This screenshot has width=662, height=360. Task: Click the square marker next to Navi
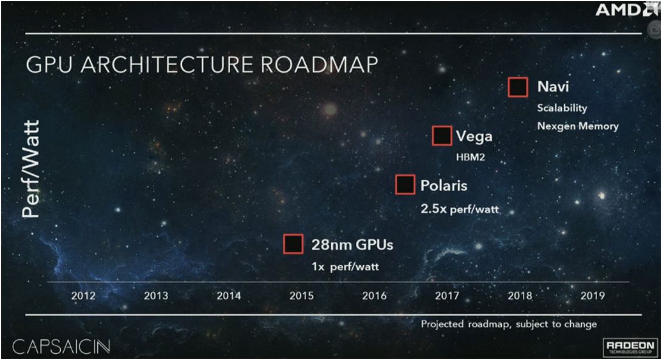click(x=518, y=87)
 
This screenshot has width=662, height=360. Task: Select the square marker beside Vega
click(x=442, y=136)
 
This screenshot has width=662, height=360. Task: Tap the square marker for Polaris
click(x=405, y=185)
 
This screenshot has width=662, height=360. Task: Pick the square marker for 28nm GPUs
click(x=293, y=244)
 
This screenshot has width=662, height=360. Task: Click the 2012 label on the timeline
click(x=83, y=296)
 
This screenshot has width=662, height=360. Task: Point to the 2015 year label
click(x=301, y=296)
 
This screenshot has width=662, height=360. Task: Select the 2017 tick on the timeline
click(x=447, y=296)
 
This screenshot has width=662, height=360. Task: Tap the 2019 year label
click(x=592, y=296)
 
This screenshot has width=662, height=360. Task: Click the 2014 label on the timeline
click(x=229, y=296)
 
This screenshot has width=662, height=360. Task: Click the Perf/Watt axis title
click(x=31, y=169)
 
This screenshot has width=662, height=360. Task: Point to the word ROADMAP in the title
click(x=319, y=64)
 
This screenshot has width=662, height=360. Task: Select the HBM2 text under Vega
click(x=470, y=157)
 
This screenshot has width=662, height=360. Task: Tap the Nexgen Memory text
click(x=578, y=126)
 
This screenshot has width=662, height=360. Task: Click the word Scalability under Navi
click(x=562, y=108)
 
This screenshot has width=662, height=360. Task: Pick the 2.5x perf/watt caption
click(x=460, y=209)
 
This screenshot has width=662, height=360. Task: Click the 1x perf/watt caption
click(x=346, y=267)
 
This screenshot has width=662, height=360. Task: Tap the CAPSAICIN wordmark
click(x=61, y=347)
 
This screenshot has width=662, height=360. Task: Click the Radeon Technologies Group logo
click(x=630, y=346)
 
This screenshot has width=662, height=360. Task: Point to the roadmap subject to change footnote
click(x=509, y=324)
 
